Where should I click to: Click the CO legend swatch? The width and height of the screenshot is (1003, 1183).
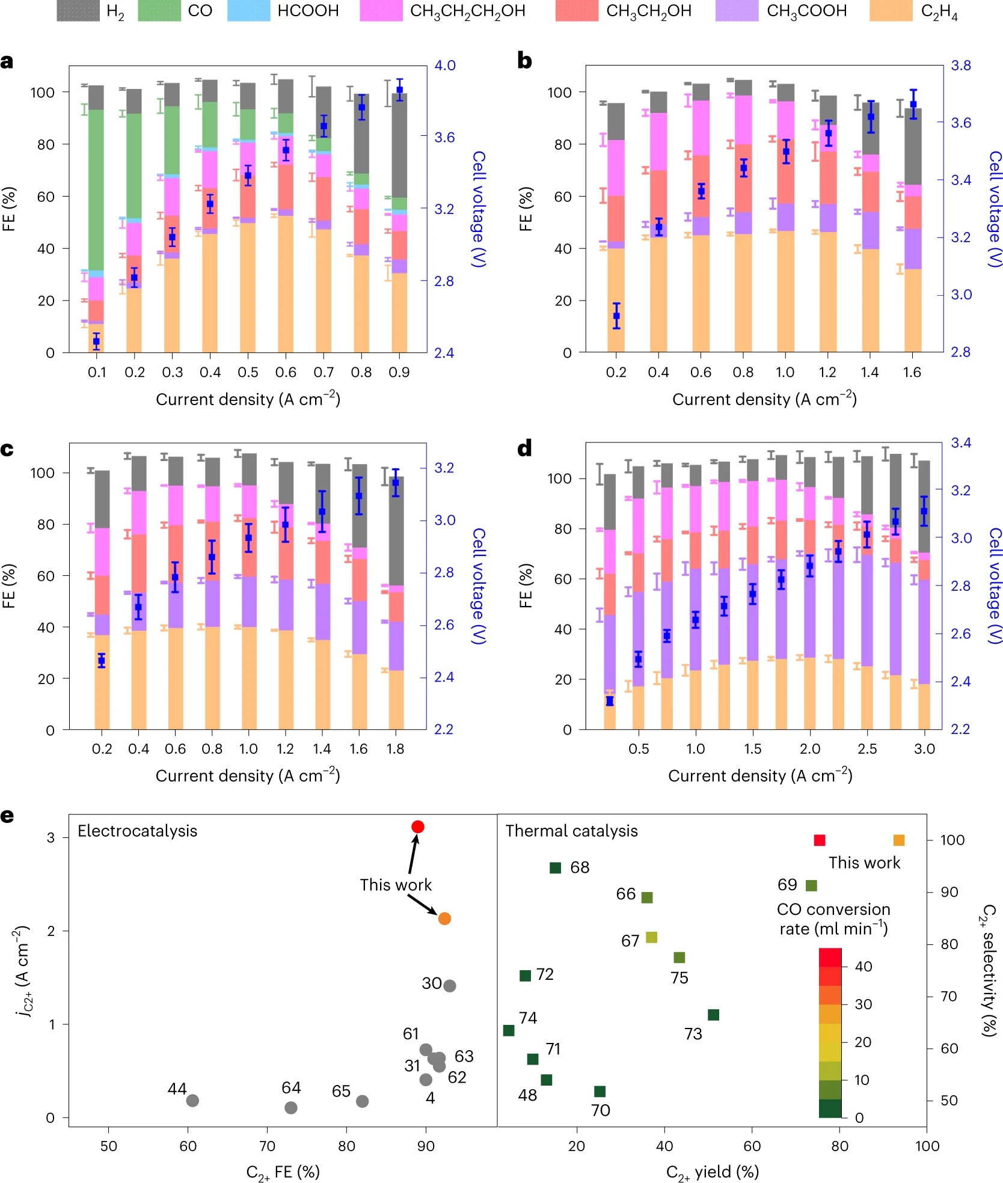point(159,11)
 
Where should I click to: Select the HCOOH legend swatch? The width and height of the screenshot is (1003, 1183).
point(248,11)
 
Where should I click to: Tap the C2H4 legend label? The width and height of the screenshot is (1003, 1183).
point(939,11)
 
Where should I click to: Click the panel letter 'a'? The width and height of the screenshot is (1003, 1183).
point(7,61)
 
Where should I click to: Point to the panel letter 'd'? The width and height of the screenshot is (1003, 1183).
point(524,448)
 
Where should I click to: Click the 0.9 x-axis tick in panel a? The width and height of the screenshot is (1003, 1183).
point(399,373)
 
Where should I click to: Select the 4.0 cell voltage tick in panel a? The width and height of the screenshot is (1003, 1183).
point(445,66)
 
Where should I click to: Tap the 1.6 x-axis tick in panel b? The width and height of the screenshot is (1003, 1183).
point(912,373)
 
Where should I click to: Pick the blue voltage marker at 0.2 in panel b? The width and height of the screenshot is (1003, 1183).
point(616,316)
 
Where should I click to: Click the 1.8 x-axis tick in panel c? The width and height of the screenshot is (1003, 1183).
point(395,749)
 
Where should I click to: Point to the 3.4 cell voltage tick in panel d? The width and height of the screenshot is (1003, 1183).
point(961,443)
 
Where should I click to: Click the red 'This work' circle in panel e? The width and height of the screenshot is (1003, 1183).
point(418,827)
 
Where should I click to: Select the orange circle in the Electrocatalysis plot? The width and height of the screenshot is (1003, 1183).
point(444,919)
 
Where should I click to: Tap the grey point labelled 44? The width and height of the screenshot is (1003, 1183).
point(192,1101)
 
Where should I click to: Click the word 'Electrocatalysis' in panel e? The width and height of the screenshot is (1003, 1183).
point(137,831)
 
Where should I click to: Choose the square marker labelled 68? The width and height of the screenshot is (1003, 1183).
point(556,867)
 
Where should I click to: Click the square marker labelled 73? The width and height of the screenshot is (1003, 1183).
point(713,1015)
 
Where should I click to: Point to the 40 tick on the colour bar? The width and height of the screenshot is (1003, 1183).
point(863,967)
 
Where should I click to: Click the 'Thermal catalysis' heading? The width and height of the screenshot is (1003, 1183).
point(571,831)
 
